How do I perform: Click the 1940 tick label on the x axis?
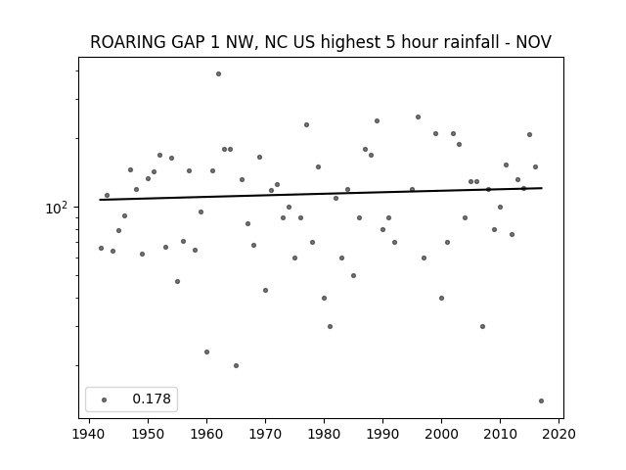coord(89,434)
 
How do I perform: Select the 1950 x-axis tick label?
coord(148,434)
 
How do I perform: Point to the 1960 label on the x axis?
coord(206,434)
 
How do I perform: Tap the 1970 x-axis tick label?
coord(265,434)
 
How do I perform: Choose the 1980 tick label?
coord(324,434)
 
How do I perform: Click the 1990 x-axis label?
coord(382,434)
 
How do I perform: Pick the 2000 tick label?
coord(441,434)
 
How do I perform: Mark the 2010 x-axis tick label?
coord(500,434)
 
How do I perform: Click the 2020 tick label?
coord(559,434)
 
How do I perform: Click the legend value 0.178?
coord(152,399)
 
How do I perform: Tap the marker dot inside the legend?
coord(104,399)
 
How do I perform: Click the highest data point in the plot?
coord(218,74)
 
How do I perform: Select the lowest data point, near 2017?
coord(541,400)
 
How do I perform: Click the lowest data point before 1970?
coord(236,365)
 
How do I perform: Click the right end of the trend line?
coord(542,188)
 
